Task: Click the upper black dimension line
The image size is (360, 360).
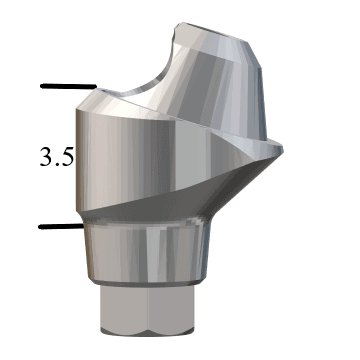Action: tap(67, 87)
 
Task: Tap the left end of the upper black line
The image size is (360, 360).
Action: tap(42, 86)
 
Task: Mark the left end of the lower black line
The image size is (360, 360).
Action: tap(41, 227)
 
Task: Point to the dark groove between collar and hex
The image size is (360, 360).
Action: tap(150, 291)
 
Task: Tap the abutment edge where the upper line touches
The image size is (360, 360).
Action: tap(97, 88)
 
